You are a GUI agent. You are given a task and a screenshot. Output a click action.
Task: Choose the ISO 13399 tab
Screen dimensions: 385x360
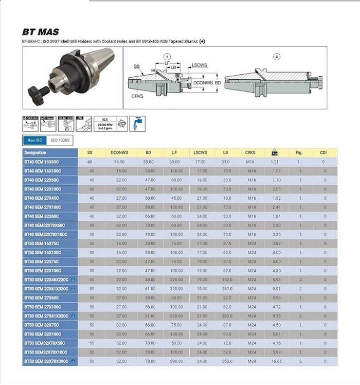60,140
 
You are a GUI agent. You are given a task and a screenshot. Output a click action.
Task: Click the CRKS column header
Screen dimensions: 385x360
250,153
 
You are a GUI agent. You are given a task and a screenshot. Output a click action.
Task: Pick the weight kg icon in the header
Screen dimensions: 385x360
275,153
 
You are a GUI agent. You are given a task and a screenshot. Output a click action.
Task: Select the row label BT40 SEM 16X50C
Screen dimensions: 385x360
42,162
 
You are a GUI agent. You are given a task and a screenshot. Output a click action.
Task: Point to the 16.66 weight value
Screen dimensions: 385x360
276,361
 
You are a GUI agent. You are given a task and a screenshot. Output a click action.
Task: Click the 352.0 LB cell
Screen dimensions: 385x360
226,361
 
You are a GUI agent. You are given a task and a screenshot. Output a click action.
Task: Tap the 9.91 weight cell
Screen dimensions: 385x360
276,289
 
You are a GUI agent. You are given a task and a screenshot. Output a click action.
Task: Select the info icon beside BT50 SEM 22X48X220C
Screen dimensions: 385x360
73,279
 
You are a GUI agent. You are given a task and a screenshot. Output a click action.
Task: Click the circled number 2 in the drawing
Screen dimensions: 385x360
277,56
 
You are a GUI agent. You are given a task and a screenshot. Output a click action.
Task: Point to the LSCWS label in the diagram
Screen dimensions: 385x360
200,65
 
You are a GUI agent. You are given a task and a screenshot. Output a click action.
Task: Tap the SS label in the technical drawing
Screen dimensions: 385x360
137,67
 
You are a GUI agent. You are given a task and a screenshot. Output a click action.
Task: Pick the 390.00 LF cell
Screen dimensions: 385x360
176,361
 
